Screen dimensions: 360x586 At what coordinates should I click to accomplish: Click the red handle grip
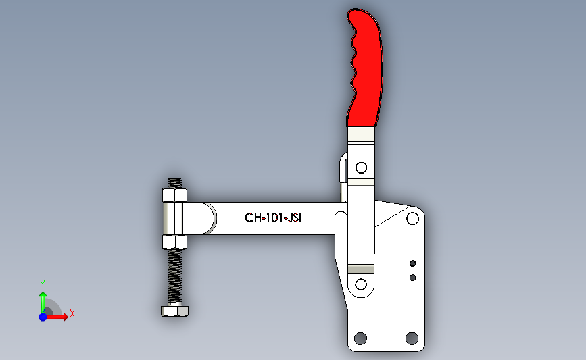pyautogui.click(x=365, y=68)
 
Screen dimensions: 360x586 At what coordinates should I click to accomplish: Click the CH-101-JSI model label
pyautogui.click(x=272, y=218)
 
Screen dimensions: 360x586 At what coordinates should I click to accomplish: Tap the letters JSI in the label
pyautogui.click(x=293, y=218)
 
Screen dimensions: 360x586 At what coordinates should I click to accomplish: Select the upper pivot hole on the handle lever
pyautogui.click(x=361, y=167)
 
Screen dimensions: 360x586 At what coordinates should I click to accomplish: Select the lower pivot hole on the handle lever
pyautogui.click(x=360, y=284)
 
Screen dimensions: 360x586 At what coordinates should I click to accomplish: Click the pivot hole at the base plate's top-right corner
pyautogui.click(x=412, y=219)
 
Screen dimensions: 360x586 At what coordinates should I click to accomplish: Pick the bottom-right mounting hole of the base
pyautogui.click(x=412, y=338)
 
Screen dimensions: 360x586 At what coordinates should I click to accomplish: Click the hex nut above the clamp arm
pyautogui.click(x=174, y=196)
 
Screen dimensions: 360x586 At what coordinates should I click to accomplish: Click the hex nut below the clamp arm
pyautogui.click(x=174, y=241)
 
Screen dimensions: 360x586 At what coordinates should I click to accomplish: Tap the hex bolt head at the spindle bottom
pyautogui.click(x=175, y=311)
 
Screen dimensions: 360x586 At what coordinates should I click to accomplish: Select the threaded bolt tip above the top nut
pyautogui.click(x=174, y=182)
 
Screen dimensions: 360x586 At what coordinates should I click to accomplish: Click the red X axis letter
pyautogui.click(x=72, y=313)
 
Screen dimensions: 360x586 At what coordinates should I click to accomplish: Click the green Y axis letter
pyautogui.click(x=42, y=284)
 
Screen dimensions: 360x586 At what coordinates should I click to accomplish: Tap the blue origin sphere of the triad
pyautogui.click(x=43, y=317)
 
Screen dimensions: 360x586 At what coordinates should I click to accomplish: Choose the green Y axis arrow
pyautogui.click(x=43, y=301)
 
